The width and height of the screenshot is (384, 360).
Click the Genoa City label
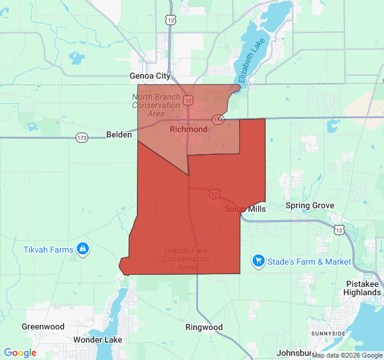point(150,76)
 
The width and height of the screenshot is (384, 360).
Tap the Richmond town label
point(188,129)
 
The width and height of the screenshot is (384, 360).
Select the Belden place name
point(119,135)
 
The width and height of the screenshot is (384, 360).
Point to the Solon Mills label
point(245,209)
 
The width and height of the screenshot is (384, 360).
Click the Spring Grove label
point(310,206)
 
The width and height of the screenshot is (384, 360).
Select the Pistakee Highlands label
point(362,288)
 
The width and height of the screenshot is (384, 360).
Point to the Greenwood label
point(43,327)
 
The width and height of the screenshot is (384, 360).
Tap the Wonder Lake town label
point(98,340)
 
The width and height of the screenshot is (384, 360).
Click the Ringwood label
point(204,328)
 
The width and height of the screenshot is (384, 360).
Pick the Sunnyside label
point(328,333)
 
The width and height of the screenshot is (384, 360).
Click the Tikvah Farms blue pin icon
point(83,248)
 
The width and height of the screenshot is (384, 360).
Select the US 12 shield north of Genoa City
point(172,20)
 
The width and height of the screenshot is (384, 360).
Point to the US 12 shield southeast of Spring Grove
point(340,230)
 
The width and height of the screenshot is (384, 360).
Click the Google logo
point(20,353)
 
